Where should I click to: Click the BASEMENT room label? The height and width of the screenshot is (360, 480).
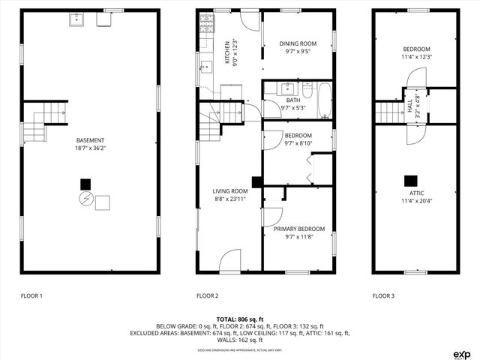pos(89,140)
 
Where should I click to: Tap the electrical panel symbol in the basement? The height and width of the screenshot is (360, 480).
pos(85,199)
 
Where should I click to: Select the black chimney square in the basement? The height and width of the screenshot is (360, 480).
pos(85,184)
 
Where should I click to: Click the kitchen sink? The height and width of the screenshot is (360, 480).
pos(204,68)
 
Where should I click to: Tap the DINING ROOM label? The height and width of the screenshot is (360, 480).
pos(298,43)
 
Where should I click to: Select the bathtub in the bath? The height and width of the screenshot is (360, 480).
pos(324,102)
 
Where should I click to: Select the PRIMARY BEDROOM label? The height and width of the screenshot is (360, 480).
pos(299,229)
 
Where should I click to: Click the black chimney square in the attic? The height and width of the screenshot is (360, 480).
pos(410,180)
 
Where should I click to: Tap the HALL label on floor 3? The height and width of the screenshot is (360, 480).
pos(409,107)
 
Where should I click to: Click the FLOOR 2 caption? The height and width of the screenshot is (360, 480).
pos(207,295)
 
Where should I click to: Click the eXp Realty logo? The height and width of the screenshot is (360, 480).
pos(460,353)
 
